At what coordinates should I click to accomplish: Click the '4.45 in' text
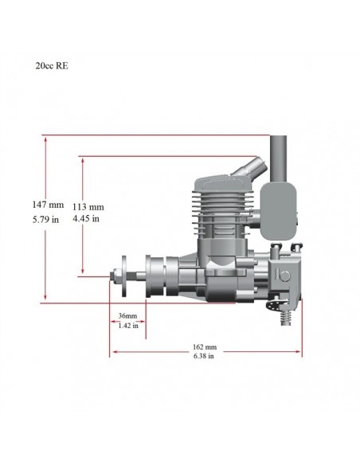pos(88,217)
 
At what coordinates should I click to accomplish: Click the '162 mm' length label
pos(205,348)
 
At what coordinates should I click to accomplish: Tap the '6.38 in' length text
pos(205,358)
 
